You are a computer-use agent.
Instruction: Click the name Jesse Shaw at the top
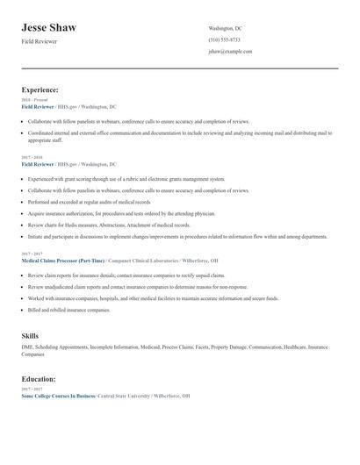coord(49,28)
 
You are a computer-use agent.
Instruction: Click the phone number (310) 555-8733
coord(224,40)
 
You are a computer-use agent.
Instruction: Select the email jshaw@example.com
coord(230,52)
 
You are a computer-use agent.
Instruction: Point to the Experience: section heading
coord(40,89)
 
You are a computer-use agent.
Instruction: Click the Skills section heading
coord(30,336)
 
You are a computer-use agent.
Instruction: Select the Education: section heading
coord(39,379)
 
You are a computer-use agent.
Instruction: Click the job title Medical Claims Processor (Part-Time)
coord(62,261)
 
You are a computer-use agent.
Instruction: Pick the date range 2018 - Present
coord(33,100)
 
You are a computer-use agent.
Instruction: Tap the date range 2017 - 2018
coord(32,158)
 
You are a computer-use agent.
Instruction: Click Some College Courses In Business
coord(58,396)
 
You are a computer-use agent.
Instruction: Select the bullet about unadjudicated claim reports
coord(137,287)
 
